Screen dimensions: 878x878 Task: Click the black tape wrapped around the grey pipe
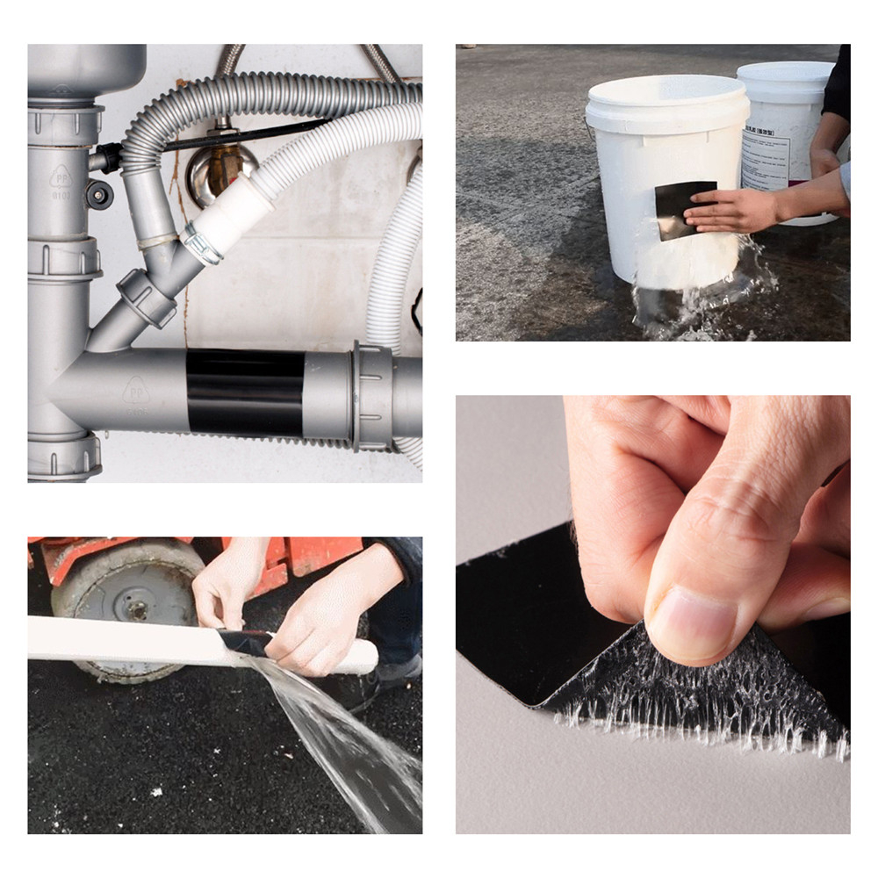pos(246,392)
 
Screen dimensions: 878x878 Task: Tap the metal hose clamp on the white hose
pos(201,243)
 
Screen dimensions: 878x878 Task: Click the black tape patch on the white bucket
pos(683,209)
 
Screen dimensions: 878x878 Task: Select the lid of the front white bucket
pos(666,103)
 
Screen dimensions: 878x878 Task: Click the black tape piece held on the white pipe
pos(241,642)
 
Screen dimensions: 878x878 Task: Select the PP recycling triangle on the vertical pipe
pos(61,179)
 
